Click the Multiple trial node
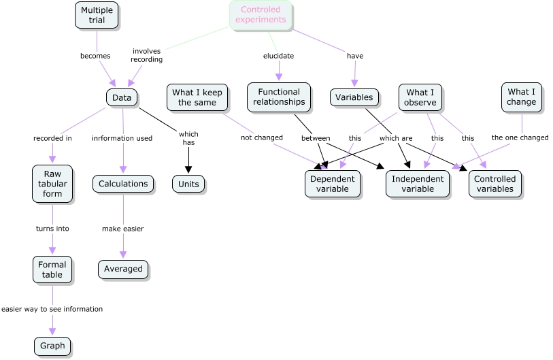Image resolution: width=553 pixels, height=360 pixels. pos(97,16)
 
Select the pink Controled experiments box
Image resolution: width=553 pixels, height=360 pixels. pos(261,15)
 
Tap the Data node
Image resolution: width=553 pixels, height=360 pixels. pos(122,98)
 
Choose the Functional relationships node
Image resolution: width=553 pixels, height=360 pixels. pos(279,97)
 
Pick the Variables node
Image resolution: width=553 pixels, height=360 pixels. pos(354,97)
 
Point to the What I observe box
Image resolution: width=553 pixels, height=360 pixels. pos(421,97)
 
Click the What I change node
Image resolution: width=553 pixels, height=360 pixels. pos(522,97)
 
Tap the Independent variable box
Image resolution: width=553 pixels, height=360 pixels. pos(418,184)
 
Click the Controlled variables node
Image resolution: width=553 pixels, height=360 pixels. pos(495,184)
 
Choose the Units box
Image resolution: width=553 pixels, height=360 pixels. pos(188,184)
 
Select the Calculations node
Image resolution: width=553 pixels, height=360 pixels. pos(123,184)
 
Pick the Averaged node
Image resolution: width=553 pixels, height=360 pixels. pos(123,269)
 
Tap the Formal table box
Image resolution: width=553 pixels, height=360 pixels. pos(52,269)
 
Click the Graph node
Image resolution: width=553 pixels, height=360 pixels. pos(52,346)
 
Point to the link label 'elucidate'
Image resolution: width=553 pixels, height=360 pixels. pos(278,56)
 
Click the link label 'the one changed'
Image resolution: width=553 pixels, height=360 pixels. pos(520,137)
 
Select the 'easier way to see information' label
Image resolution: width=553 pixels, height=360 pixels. pos(52,309)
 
